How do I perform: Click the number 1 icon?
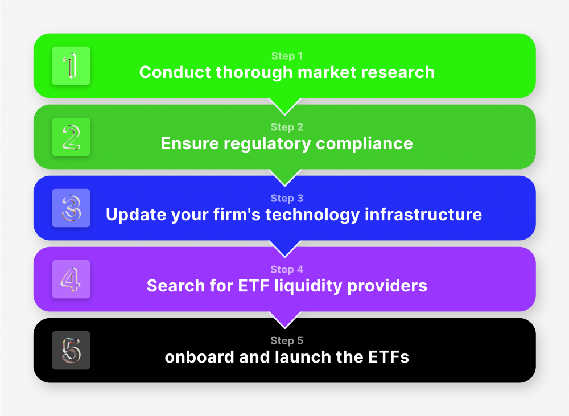click(x=71, y=66)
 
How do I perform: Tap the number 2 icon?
click(x=71, y=137)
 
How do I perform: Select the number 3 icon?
click(x=71, y=208)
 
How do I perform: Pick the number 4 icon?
click(x=71, y=279)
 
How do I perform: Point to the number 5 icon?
click(x=71, y=351)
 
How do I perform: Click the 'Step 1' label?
click(x=287, y=56)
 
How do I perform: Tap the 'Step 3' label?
click(x=287, y=199)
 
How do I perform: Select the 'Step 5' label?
click(x=287, y=341)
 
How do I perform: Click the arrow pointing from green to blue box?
click(x=284, y=177)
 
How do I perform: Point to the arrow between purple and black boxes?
click(x=284, y=319)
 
